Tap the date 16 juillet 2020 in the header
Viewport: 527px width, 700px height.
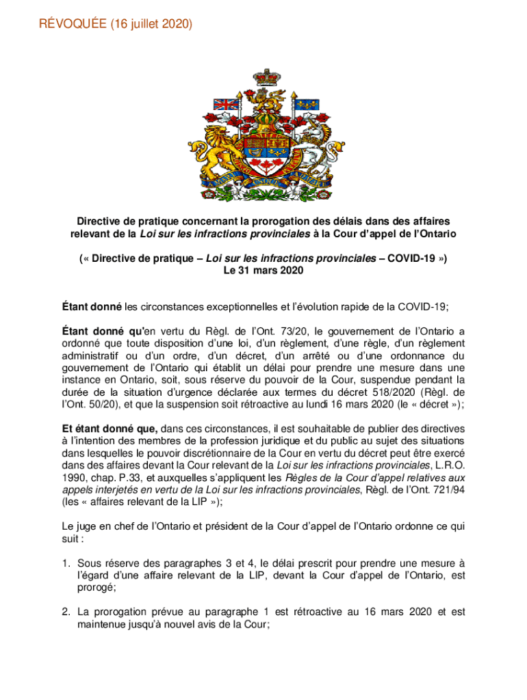[x=151, y=25]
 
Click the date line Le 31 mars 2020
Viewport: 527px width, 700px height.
[x=263, y=271]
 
